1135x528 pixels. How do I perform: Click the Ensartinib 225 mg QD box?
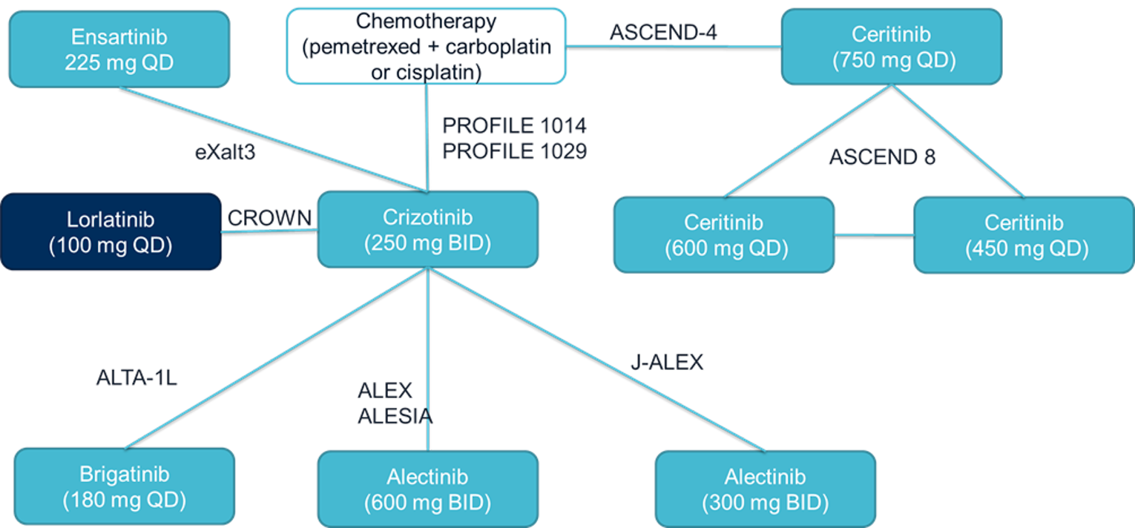click(119, 49)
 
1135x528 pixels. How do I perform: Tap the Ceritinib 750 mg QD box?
click(892, 46)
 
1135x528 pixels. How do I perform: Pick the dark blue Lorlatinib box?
click(111, 231)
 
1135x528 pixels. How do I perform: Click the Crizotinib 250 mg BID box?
click(427, 229)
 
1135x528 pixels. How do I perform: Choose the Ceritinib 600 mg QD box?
click(723, 235)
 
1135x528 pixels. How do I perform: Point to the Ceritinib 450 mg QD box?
click(1024, 235)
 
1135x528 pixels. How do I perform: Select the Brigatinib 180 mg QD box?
click(124, 486)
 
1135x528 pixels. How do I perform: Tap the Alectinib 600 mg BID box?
click(427, 489)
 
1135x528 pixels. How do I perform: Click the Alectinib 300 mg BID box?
click(765, 489)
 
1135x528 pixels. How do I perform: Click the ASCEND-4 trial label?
click(663, 33)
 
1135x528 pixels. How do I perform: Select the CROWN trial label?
click(269, 218)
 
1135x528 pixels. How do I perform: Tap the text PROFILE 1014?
click(514, 125)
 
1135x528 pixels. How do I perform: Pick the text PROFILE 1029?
click(514, 151)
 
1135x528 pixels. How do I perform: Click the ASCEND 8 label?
click(882, 157)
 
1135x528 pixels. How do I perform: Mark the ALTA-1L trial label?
click(136, 378)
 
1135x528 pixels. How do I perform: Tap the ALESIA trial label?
click(395, 417)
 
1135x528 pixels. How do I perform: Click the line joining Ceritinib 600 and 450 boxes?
click(873, 235)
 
